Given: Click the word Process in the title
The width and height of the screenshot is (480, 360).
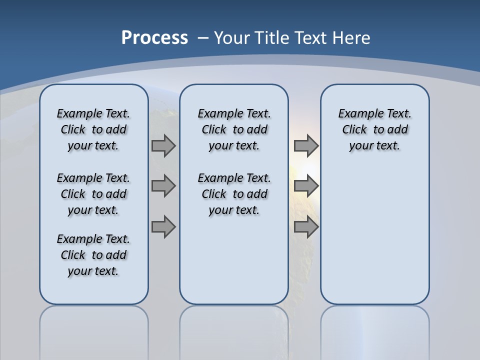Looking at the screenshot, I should pyautogui.click(x=154, y=37).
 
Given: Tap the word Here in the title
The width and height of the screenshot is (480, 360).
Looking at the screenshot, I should pyautogui.click(x=351, y=38).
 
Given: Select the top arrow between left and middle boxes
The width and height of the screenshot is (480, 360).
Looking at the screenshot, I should pyautogui.click(x=163, y=145).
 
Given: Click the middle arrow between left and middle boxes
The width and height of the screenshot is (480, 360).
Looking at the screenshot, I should pyautogui.click(x=163, y=186).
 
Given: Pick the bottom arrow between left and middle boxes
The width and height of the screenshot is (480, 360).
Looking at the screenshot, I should pyautogui.click(x=163, y=227).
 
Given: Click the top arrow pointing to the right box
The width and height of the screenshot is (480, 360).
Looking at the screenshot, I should pyautogui.click(x=306, y=145).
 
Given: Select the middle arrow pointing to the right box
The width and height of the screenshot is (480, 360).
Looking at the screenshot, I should pyautogui.click(x=306, y=186).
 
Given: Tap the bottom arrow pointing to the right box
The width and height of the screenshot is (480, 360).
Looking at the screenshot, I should pyautogui.click(x=306, y=227).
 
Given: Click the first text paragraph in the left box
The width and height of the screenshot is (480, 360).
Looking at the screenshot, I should pyautogui.click(x=93, y=129).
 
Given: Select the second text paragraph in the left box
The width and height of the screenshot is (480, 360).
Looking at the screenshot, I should pyautogui.click(x=93, y=194).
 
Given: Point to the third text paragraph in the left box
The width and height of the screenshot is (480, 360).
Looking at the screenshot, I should pyautogui.click(x=93, y=255).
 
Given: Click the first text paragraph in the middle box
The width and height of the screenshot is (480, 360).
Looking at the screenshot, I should pyautogui.click(x=234, y=129).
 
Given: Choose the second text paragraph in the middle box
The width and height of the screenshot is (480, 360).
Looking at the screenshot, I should pyautogui.click(x=234, y=194).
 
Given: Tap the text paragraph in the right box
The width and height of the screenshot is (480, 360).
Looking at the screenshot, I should pyautogui.click(x=375, y=129).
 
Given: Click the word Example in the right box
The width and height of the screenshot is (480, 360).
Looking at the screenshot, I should pyautogui.click(x=356, y=114).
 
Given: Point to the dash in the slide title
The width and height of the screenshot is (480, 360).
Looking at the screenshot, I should pyautogui.click(x=202, y=38).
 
